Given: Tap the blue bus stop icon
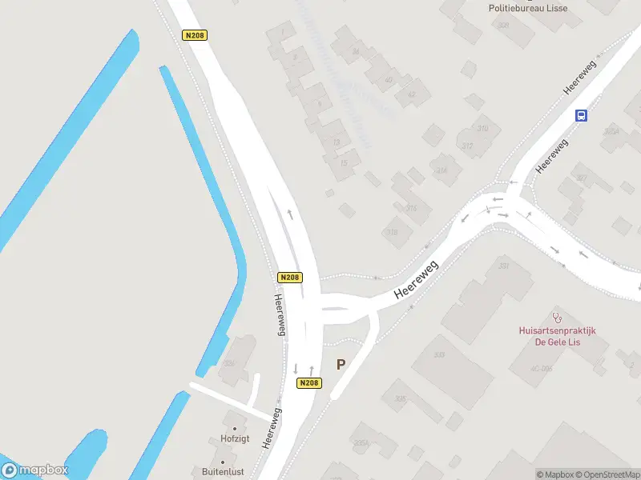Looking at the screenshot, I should [x=581, y=115].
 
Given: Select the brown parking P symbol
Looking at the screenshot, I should [x=341, y=365].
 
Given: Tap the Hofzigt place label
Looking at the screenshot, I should [x=236, y=438].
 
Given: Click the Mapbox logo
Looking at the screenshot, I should [x=34, y=470].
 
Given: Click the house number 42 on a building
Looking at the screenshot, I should [x=412, y=94].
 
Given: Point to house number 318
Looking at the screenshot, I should [x=392, y=233].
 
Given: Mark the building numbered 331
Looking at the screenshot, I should [x=504, y=266].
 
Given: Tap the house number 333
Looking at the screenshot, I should [x=438, y=355].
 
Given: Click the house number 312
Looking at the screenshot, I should [x=468, y=145].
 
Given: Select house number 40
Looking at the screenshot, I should [x=389, y=80].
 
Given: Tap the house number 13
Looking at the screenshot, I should [x=336, y=142].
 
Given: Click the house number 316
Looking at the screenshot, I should [x=412, y=208].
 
